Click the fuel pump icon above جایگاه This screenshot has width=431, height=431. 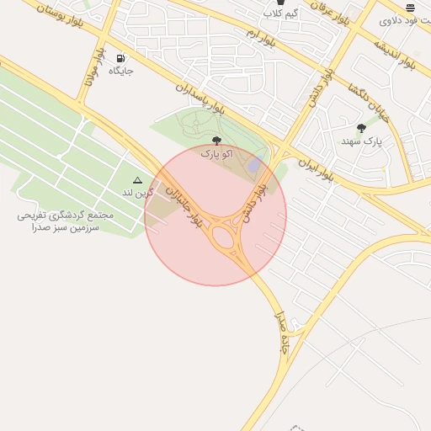coord(120,59)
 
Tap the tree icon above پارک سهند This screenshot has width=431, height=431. coord(362,129)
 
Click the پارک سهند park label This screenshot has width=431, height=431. coord(362,141)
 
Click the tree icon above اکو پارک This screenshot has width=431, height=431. coord(217,141)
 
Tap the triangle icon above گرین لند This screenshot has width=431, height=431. coord(138,180)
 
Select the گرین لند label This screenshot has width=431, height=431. coord(138,193)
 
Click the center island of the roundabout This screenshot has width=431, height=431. coord(226,238)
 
